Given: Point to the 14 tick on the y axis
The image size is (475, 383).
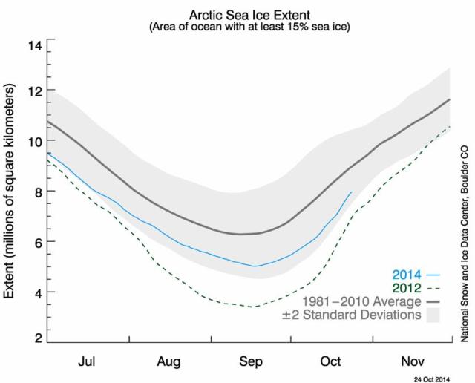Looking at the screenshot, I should tap(34, 45).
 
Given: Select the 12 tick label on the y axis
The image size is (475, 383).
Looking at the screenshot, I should tap(34, 91).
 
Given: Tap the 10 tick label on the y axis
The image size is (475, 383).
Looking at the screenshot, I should tap(34, 141).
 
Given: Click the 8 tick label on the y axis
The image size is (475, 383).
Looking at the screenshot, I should tap(36, 191).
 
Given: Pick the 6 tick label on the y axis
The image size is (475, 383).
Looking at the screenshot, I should tap(36, 242).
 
